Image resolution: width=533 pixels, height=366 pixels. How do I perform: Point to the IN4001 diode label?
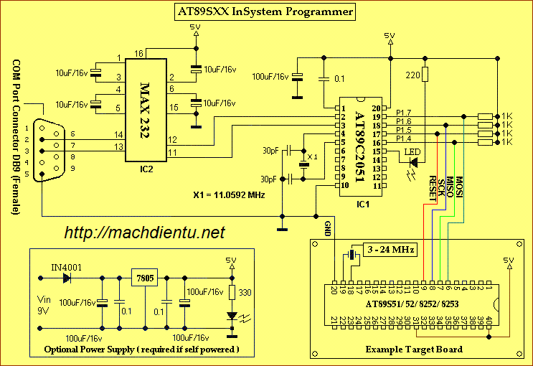click(65, 267)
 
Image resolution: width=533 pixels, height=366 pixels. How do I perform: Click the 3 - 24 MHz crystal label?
click(390, 249)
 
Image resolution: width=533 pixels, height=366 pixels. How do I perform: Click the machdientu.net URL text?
click(144, 233)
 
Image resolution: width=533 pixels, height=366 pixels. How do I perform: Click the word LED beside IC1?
click(412, 152)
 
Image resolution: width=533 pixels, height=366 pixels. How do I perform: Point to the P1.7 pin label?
click(403, 113)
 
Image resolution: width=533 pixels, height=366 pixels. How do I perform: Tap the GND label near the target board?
click(328, 229)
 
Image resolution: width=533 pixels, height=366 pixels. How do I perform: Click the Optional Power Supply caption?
click(141, 349)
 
